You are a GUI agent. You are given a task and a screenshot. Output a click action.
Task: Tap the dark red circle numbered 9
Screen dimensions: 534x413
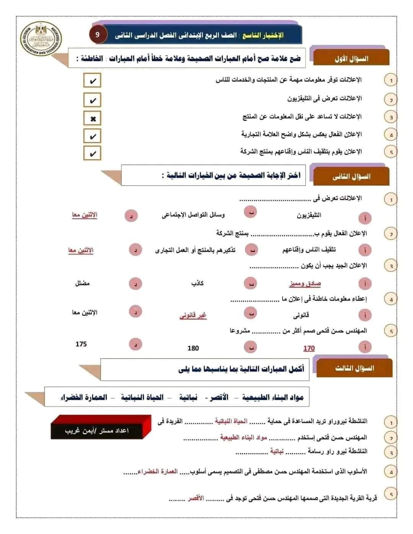(97, 35)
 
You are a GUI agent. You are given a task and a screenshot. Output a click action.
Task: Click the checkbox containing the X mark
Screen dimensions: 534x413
(92, 118)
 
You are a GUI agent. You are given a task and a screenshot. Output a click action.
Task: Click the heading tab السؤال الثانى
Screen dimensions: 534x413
(351, 177)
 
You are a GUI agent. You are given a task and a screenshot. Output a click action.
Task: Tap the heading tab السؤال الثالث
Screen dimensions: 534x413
(354, 368)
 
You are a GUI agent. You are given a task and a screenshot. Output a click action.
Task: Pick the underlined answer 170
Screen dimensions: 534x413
(309, 348)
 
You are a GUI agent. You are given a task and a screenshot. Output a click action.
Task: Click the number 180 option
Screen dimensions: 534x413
(193, 348)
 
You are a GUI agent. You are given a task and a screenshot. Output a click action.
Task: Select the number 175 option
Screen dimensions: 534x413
(81, 344)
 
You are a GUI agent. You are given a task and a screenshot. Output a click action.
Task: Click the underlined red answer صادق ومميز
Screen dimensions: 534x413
(305, 284)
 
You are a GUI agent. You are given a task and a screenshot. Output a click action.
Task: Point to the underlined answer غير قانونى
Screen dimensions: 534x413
(193, 315)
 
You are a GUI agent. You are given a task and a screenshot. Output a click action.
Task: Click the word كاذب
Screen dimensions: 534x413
(197, 283)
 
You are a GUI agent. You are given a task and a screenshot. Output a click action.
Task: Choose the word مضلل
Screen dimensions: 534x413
(82, 283)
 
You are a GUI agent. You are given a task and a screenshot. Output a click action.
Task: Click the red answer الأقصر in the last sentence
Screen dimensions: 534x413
(195, 498)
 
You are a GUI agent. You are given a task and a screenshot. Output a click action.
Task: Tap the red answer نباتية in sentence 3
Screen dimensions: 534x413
(276, 451)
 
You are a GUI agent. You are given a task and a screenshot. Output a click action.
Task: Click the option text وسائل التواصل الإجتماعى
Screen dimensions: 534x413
(193, 215)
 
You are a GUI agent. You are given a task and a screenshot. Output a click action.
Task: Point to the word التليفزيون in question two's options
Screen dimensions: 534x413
(309, 215)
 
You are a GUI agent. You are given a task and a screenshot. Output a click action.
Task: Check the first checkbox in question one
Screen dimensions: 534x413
(92, 81)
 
